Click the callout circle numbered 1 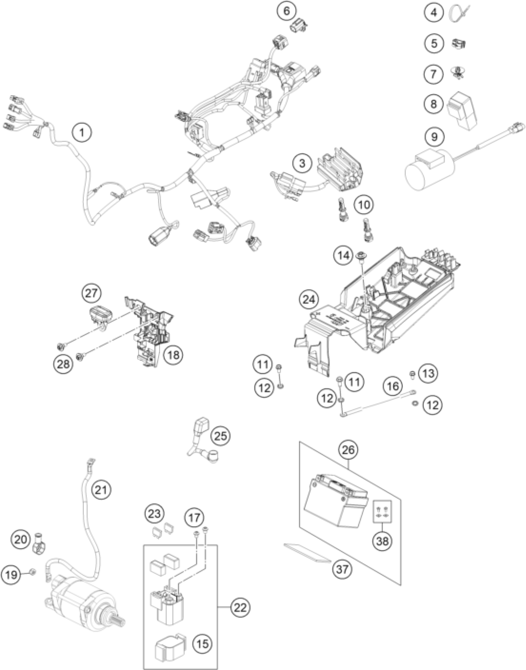[x=82, y=133]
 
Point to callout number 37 [x=342, y=568]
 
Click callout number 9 [x=434, y=136]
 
